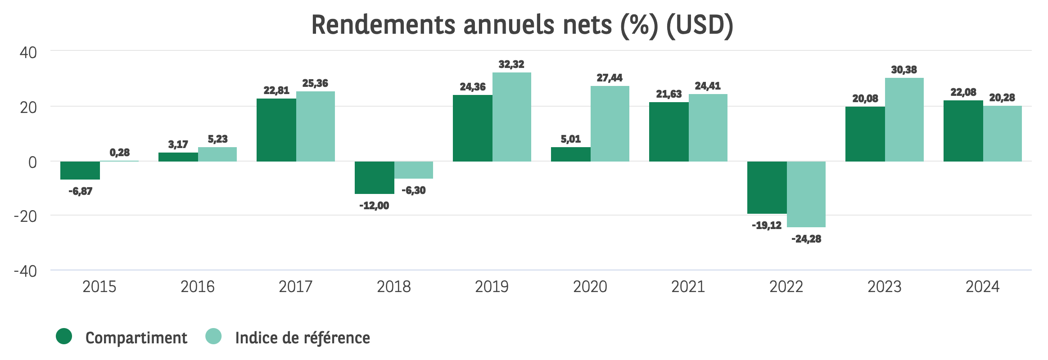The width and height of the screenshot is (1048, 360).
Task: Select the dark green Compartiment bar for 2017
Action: pyautogui.click(x=276, y=130)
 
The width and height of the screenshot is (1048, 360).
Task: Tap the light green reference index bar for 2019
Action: pyautogui.click(x=512, y=117)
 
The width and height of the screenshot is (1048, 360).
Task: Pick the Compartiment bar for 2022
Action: pyautogui.click(x=767, y=188)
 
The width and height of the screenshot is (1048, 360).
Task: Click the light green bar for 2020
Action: pyautogui.click(x=610, y=124)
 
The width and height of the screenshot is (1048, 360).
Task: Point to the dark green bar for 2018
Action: pyautogui.click(x=374, y=178)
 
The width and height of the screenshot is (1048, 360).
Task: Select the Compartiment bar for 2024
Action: pyautogui.click(x=963, y=131)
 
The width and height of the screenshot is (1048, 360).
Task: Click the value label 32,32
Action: pyautogui.click(x=511, y=64)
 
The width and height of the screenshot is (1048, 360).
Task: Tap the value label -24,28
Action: pyautogui.click(x=806, y=239)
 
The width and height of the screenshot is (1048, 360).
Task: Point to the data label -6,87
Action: pyautogui.click(x=81, y=191)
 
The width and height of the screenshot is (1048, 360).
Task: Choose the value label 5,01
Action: pyautogui.click(x=571, y=139)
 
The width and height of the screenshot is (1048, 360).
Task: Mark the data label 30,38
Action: pyautogui.click(x=904, y=70)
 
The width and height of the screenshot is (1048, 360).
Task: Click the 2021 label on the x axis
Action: pyautogui.click(x=688, y=287)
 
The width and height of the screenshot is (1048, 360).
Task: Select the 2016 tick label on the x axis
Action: pyautogui.click(x=197, y=287)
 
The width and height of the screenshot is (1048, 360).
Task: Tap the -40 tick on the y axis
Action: pyautogui.click(x=26, y=271)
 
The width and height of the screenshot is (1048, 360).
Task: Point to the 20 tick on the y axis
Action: pyautogui.click(x=28, y=108)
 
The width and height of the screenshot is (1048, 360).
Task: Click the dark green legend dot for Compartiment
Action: pyautogui.click(x=64, y=336)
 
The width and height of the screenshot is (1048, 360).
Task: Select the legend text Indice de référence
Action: pyautogui.click(x=303, y=338)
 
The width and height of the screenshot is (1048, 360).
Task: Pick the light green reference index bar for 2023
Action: pyautogui.click(x=904, y=120)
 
